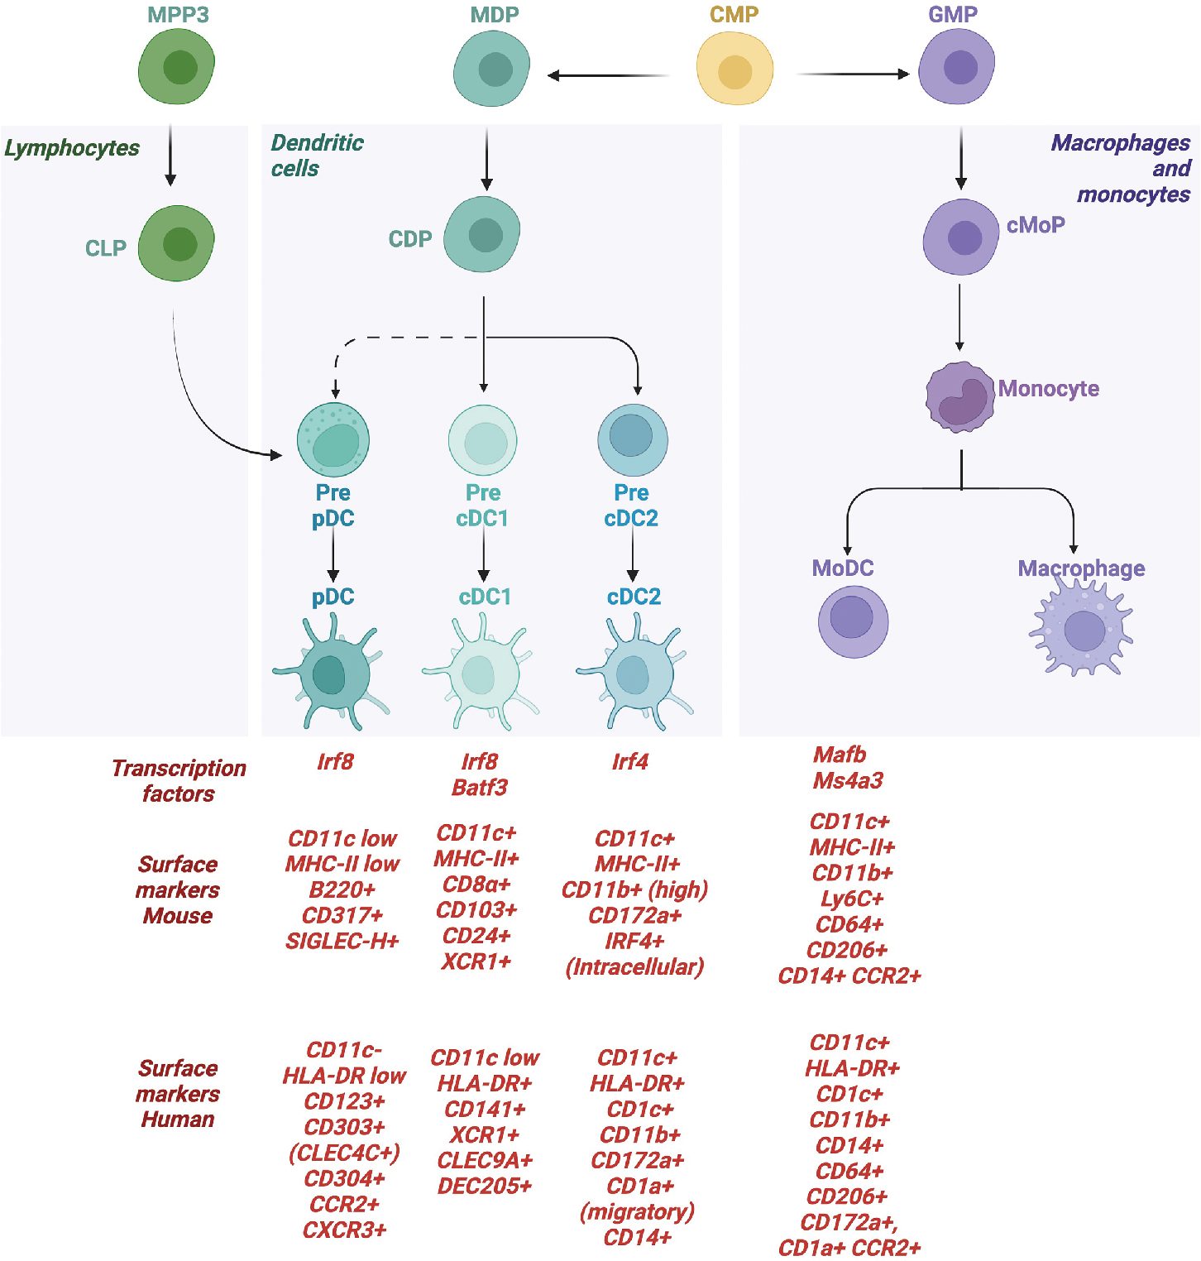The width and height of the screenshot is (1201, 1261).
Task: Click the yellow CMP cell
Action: point(734,70)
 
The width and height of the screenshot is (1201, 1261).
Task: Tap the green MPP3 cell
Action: point(177,67)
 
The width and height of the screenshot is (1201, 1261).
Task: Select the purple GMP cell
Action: point(957,67)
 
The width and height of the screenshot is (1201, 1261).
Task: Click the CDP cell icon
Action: point(482,235)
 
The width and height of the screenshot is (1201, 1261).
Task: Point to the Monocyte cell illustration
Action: point(959,397)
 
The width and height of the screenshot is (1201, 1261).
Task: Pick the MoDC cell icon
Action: point(853,621)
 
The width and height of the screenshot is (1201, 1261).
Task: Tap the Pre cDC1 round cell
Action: point(483,440)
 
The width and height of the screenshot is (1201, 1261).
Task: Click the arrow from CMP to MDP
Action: point(609,75)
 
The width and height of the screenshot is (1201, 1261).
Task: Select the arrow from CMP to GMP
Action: point(852,74)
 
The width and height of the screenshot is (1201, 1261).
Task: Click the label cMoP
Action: point(1036,225)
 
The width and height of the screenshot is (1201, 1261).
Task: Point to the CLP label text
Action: point(106,248)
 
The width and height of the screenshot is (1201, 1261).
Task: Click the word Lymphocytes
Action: point(72,148)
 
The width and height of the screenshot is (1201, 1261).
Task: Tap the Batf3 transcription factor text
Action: point(480,788)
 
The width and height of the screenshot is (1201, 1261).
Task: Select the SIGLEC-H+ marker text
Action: point(342,942)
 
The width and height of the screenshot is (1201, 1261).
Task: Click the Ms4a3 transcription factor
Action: point(848,781)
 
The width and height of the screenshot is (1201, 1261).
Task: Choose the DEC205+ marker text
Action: point(485,1187)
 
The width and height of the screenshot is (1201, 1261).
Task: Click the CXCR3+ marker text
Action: point(344,1230)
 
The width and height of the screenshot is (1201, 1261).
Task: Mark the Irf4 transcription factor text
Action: point(630,762)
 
